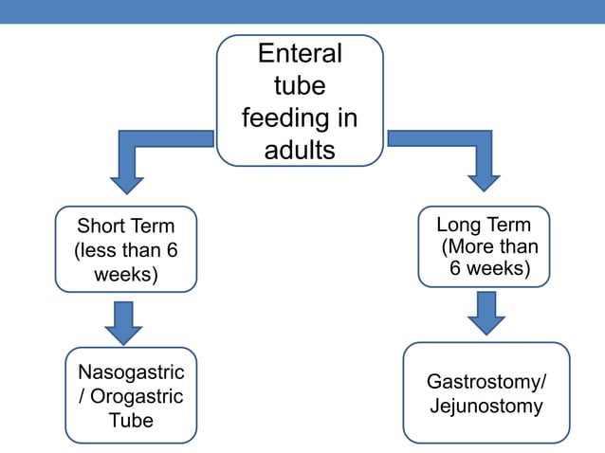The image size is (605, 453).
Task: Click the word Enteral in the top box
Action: point(300,54)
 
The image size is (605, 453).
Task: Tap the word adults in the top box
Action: point(300,151)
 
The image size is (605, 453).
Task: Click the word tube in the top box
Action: point(300,86)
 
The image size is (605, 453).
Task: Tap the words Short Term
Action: point(126,226)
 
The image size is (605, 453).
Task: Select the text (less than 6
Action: point(126,251)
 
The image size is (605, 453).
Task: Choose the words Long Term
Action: point(484,225)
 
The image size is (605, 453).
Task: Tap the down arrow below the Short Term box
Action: point(123,322)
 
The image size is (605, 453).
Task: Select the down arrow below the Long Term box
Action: point(486,313)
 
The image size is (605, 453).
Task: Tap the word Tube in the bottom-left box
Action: point(131,420)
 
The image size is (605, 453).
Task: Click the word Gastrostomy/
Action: point(486,383)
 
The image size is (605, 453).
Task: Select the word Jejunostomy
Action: point(486,407)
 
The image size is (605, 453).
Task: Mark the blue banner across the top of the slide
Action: point(302,11)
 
